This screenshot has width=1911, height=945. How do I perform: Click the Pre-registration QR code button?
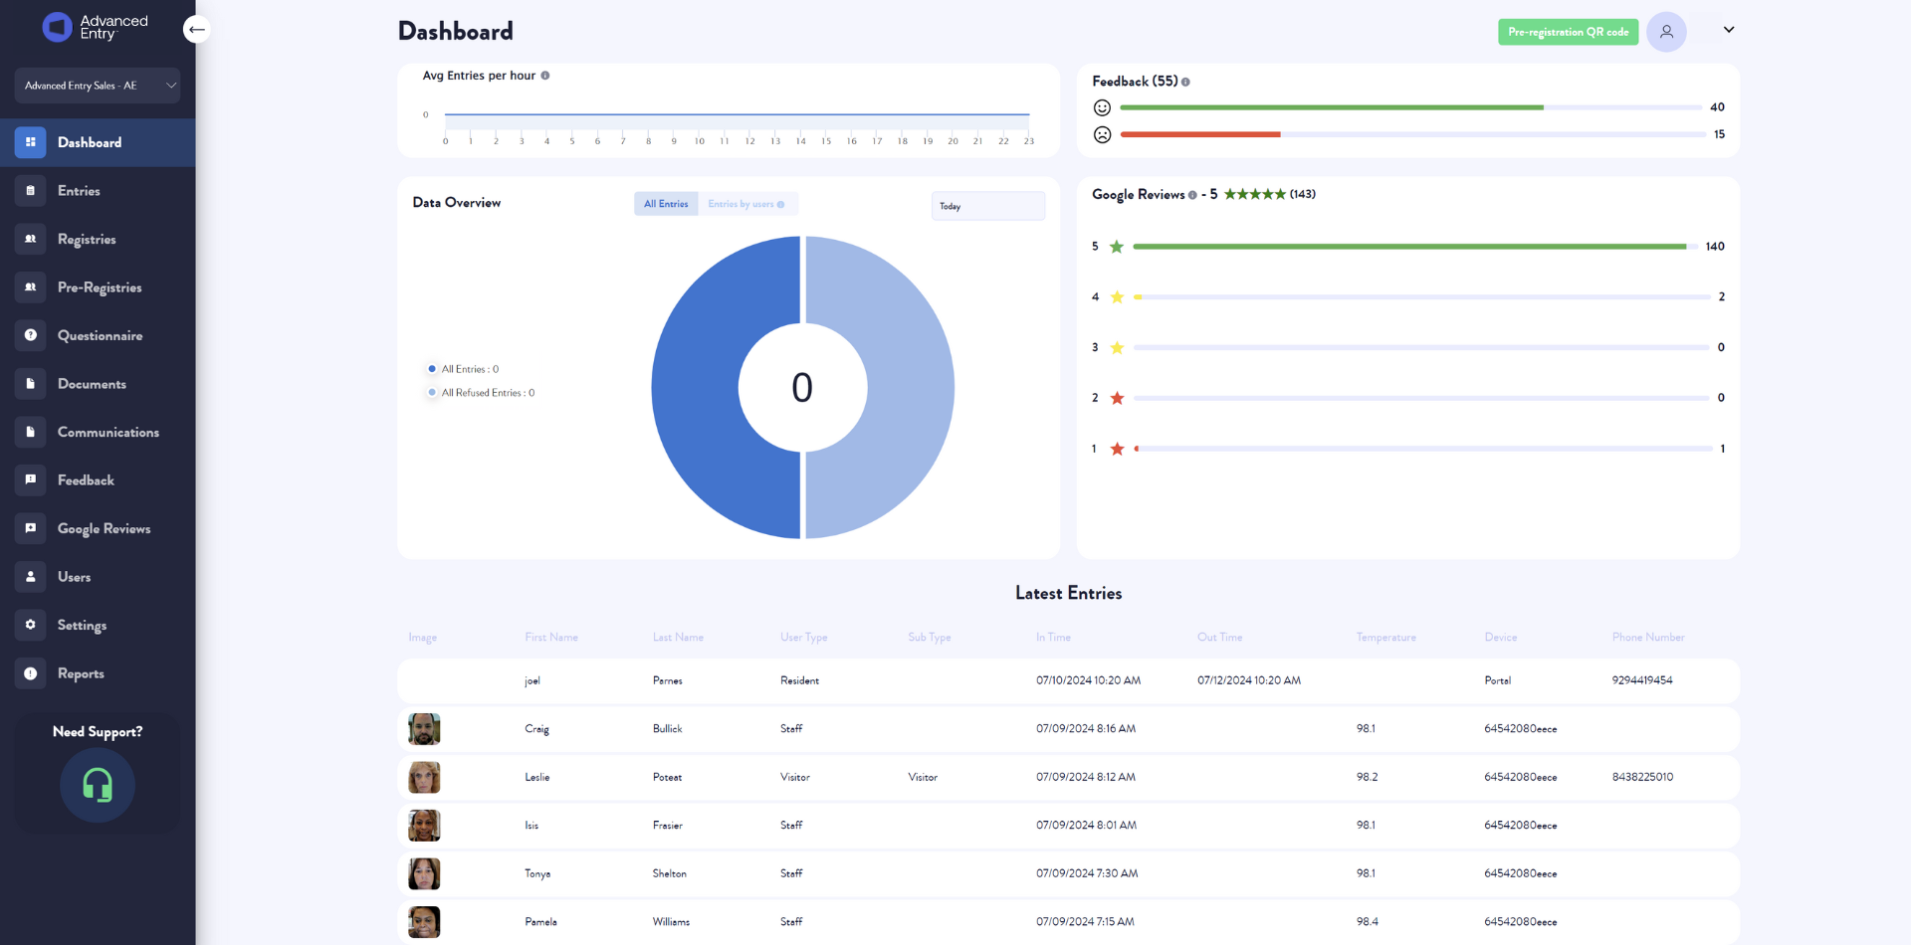1568,32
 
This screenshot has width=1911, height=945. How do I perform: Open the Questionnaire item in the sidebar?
100,336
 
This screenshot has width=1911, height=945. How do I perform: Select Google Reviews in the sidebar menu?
104,529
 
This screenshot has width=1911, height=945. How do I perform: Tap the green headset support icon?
98,785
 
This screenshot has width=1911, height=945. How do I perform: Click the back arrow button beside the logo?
197,30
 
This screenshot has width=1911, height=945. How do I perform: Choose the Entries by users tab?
746,204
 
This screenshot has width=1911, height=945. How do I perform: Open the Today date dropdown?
987,206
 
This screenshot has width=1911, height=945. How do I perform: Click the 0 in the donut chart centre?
802,388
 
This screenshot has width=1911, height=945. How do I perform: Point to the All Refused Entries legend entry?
487,393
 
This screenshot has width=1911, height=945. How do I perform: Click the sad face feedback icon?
1102,134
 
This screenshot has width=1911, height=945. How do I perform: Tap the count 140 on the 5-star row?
1715,247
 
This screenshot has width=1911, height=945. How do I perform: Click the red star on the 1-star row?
1117,449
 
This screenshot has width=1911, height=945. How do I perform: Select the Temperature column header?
1385,638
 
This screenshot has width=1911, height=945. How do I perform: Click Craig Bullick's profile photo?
424,729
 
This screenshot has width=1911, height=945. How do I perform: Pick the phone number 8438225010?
1642,777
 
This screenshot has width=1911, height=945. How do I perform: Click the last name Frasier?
668,826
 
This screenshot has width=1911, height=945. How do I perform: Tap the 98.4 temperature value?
1368,922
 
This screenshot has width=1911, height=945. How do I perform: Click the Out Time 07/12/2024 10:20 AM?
1249,680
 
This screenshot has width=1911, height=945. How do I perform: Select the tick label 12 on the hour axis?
749,141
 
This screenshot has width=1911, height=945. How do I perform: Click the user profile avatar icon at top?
1666,32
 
